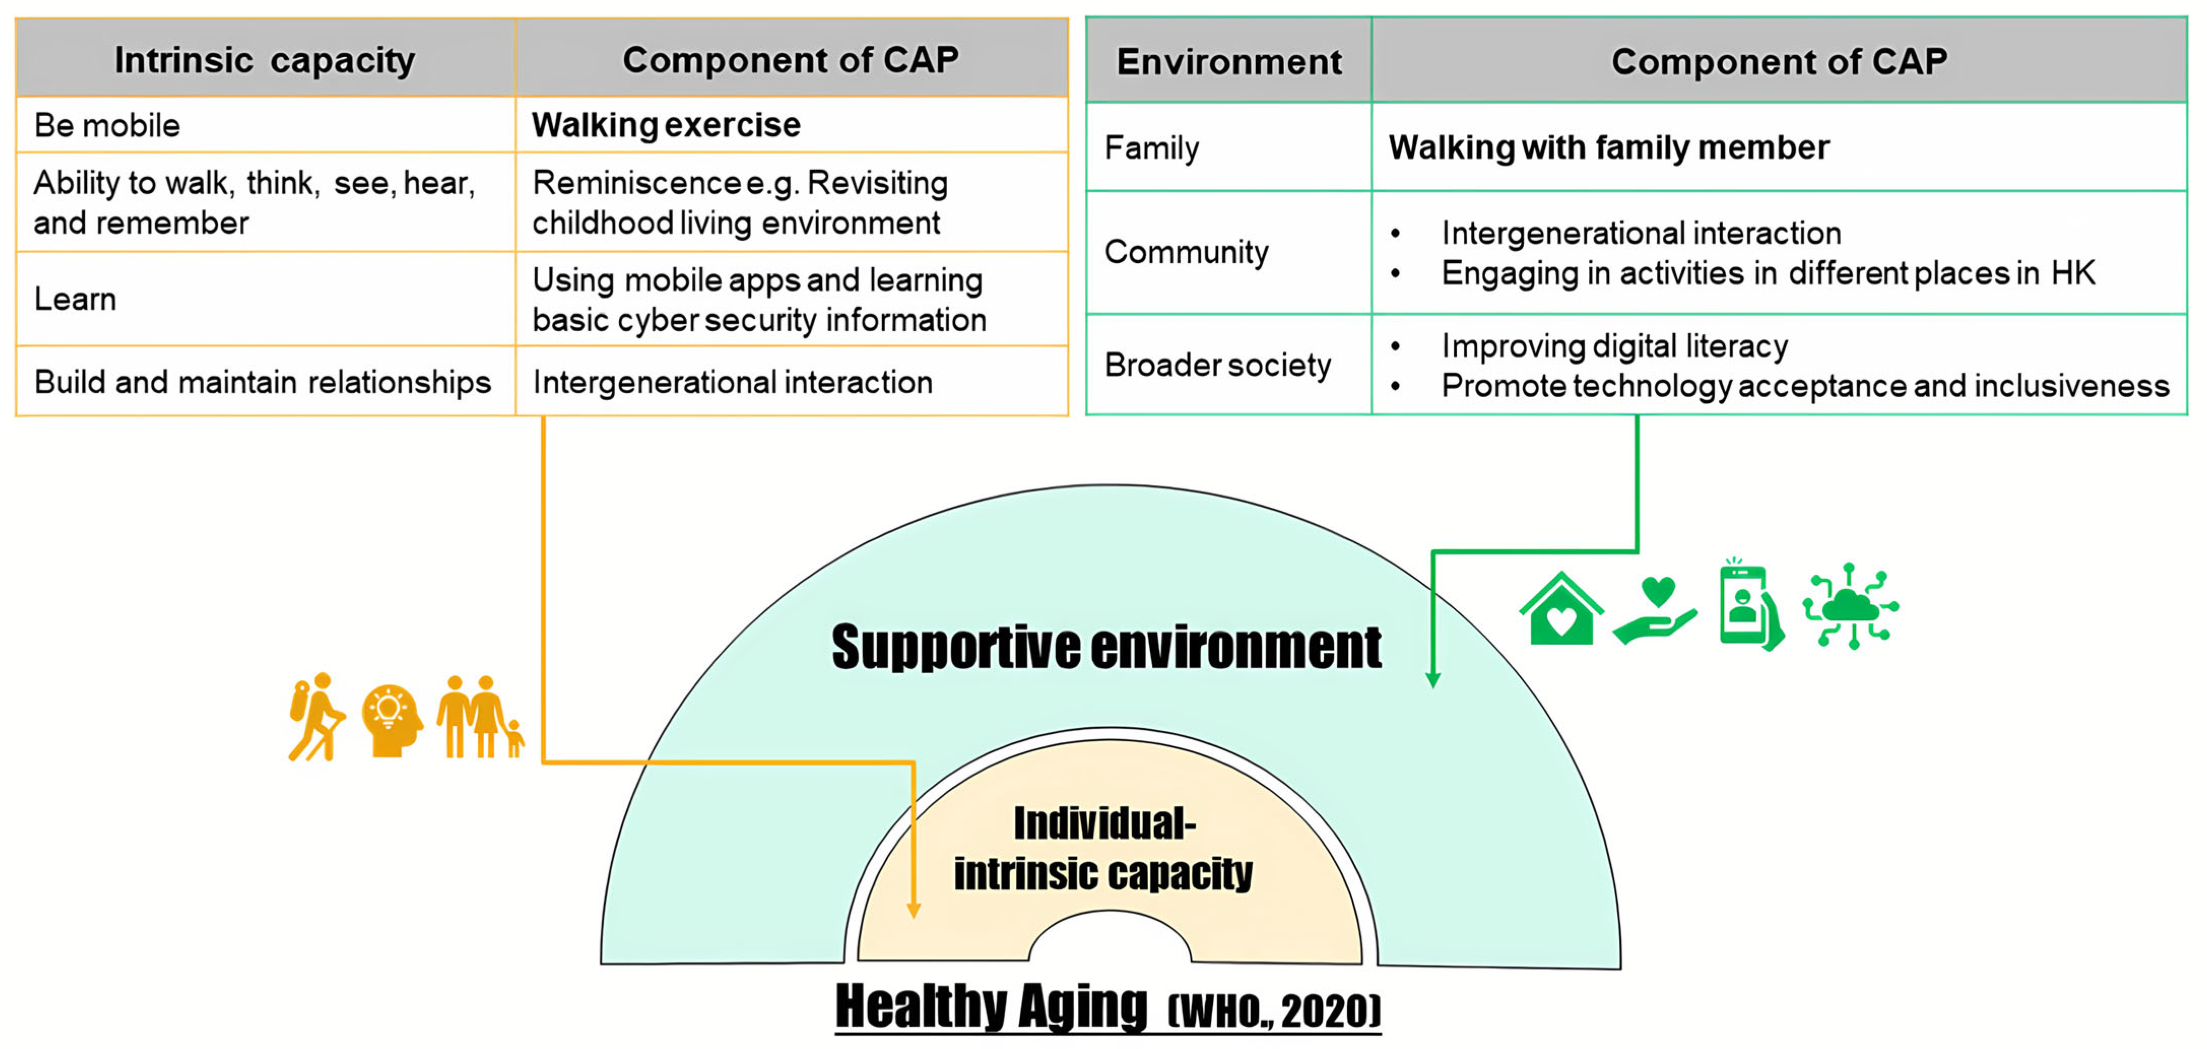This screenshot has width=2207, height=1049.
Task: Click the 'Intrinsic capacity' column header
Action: click(265, 60)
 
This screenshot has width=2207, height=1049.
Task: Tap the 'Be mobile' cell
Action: click(107, 125)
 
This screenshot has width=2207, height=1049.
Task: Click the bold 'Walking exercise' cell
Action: click(665, 125)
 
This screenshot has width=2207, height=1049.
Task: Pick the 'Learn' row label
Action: click(76, 299)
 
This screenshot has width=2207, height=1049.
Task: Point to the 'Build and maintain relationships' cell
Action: click(262, 382)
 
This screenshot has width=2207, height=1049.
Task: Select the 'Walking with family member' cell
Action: click(1608, 147)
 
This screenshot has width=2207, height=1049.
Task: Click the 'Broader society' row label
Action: click(1217, 365)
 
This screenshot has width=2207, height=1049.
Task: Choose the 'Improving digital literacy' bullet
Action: click(1614, 346)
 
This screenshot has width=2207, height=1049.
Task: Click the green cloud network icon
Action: click(1851, 606)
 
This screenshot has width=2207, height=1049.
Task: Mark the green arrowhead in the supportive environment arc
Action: click(1432, 680)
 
